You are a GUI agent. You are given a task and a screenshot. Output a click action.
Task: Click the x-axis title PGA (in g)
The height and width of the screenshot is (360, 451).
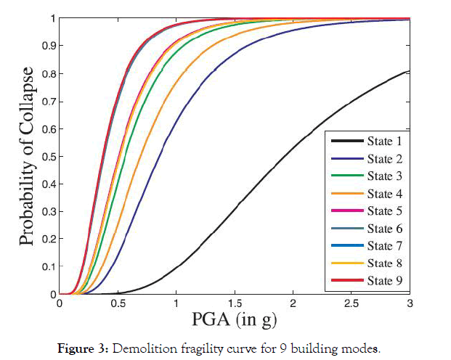[x=235, y=319]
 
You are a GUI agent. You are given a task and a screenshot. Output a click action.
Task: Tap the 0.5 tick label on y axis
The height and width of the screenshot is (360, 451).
[x=47, y=156]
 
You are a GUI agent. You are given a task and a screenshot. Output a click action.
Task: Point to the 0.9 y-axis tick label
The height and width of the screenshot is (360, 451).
[x=47, y=46]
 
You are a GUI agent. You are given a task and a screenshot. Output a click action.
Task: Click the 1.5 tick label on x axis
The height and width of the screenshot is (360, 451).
[x=235, y=303]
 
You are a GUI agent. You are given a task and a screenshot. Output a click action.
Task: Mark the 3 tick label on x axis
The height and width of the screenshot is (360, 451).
[x=410, y=303]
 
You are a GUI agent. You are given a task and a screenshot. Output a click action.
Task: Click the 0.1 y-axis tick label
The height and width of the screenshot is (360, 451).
[x=47, y=266]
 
